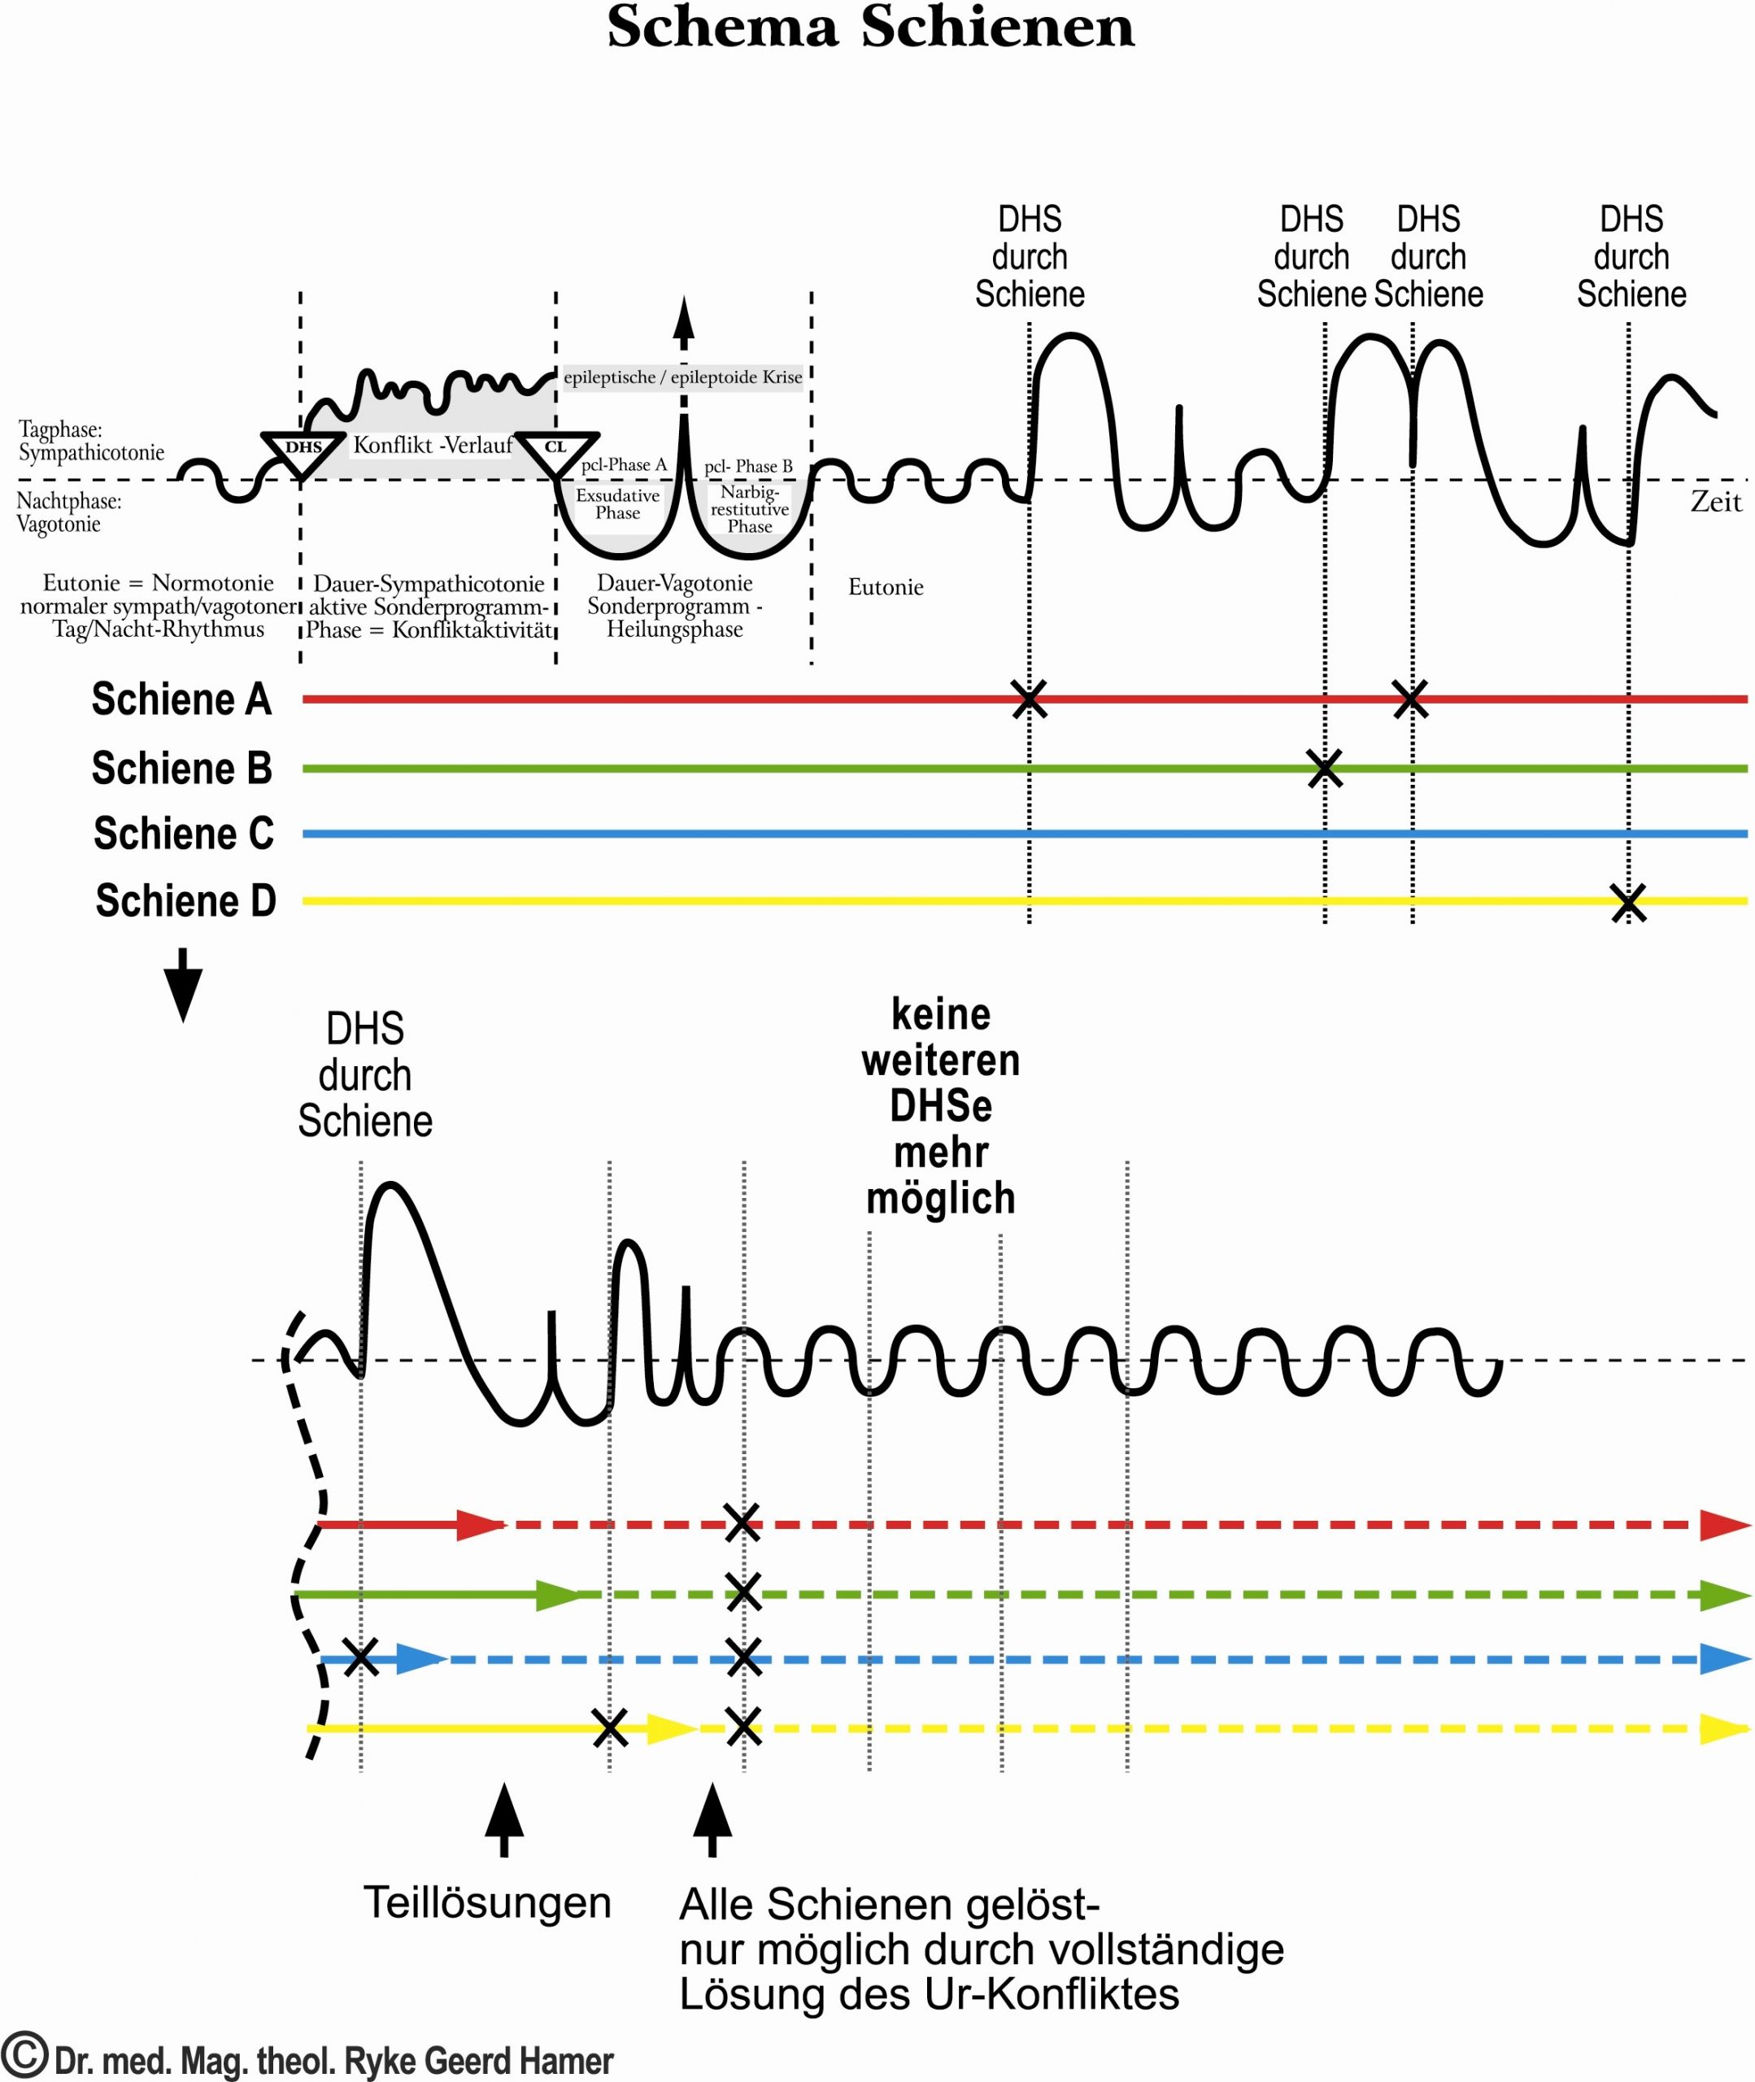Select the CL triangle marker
(556, 450)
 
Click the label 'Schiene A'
(181, 699)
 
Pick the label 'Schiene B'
(181, 768)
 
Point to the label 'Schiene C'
(183, 834)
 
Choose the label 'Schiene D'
(185, 900)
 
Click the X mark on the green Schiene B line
(1324, 768)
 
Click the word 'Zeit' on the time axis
(1716, 501)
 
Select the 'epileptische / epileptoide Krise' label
(682, 377)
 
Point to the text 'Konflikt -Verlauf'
(433, 445)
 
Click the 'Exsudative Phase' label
(618, 503)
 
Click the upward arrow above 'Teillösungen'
(504, 1819)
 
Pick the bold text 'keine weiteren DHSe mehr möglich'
(940, 1105)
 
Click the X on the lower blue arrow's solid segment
(361, 1657)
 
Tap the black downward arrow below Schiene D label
(183, 984)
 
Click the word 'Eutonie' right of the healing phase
(886, 587)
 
